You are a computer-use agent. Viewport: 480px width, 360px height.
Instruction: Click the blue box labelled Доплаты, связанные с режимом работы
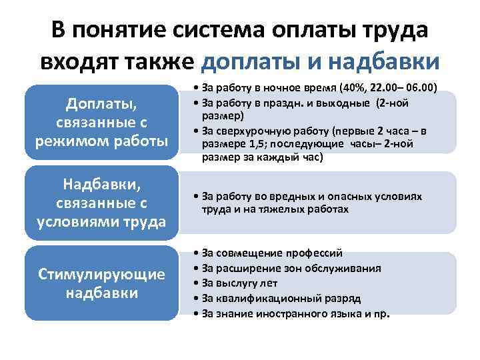(101, 121)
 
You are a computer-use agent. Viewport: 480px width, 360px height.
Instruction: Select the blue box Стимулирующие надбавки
(101, 283)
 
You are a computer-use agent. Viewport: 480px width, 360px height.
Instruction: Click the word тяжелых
(281, 209)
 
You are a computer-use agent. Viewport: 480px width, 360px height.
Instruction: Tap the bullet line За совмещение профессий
(267, 253)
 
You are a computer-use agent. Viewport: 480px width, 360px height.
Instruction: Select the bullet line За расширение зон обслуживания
(287, 268)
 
